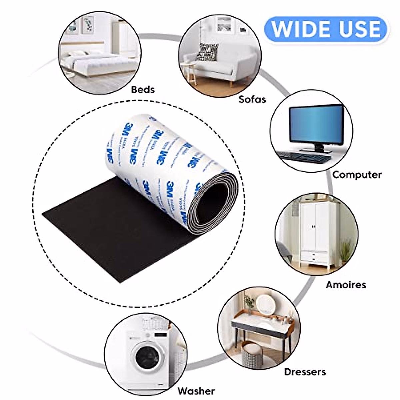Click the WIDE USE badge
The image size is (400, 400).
click(x=326, y=29)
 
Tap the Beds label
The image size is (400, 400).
click(x=143, y=89)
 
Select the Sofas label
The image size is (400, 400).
click(x=252, y=99)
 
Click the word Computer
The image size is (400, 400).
click(x=357, y=174)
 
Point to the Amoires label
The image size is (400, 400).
click(x=346, y=285)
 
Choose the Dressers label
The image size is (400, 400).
click(x=305, y=372)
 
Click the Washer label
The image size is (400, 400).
click(x=196, y=391)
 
